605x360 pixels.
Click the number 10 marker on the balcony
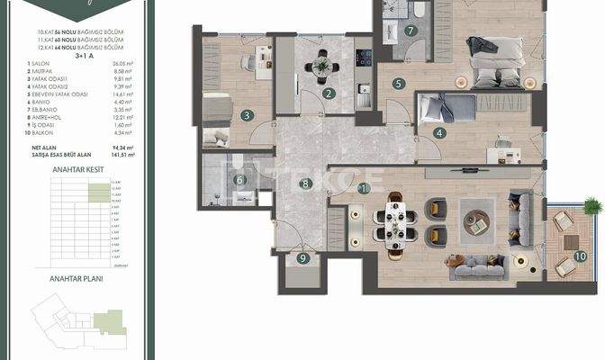(580, 256)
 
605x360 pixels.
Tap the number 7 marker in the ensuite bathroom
(410, 30)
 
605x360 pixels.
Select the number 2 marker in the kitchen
(330, 94)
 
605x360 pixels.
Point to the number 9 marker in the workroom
(303, 259)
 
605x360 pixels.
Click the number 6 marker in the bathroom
(239, 179)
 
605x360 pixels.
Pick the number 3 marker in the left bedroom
(246, 115)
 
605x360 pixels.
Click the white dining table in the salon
(396, 223)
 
